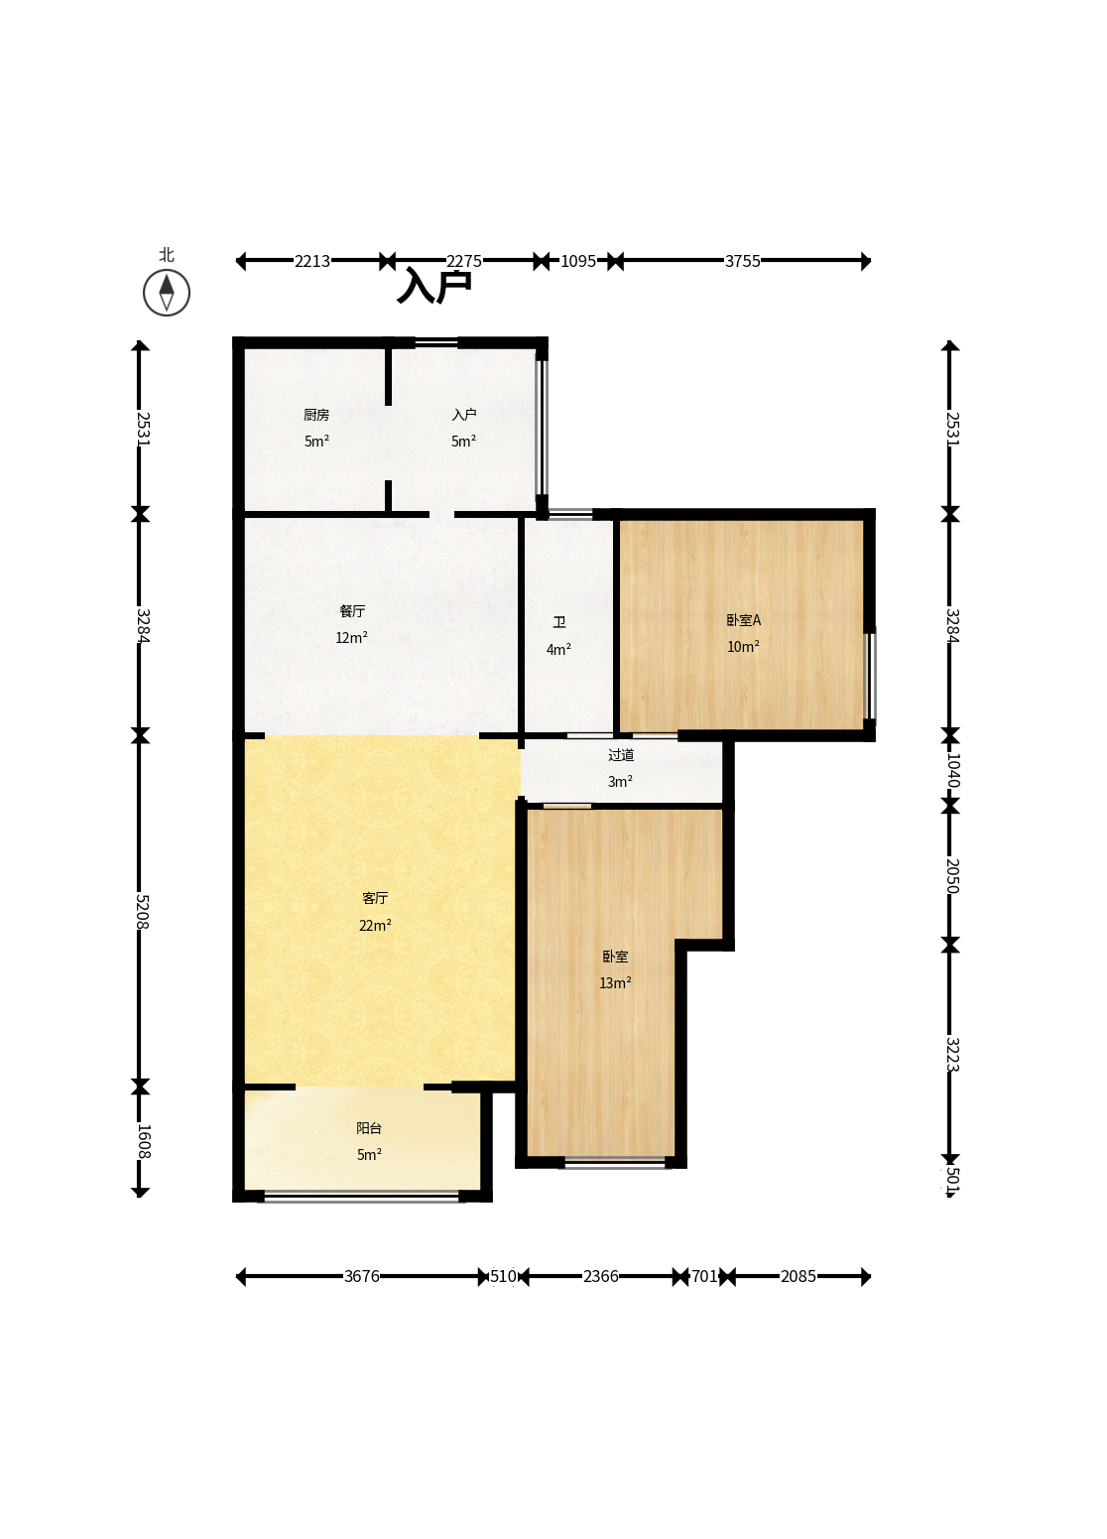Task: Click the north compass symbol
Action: pos(167,293)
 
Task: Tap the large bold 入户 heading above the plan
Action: pos(434,287)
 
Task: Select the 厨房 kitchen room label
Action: pos(316,415)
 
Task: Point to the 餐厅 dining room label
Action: pos(351,611)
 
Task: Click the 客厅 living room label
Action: pos(375,898)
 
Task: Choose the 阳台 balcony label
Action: pos(369,1128)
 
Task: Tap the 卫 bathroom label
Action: pos(559,622)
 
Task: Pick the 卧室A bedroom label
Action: pos(743,620)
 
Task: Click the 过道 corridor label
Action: pos(621,755)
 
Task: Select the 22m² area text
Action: pos(375,926)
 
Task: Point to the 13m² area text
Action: pos(615,983)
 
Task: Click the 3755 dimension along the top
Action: pos(742,261)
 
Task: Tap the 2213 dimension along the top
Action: pos(312,261)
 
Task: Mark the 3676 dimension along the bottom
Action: pos(362,1276)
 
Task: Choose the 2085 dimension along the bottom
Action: pos(798,1276)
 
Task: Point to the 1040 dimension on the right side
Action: pos(952,770)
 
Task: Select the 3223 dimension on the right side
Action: pos(952,1054)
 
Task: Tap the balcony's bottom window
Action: pos(362,1196)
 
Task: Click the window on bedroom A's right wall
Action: pos(871,676)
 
